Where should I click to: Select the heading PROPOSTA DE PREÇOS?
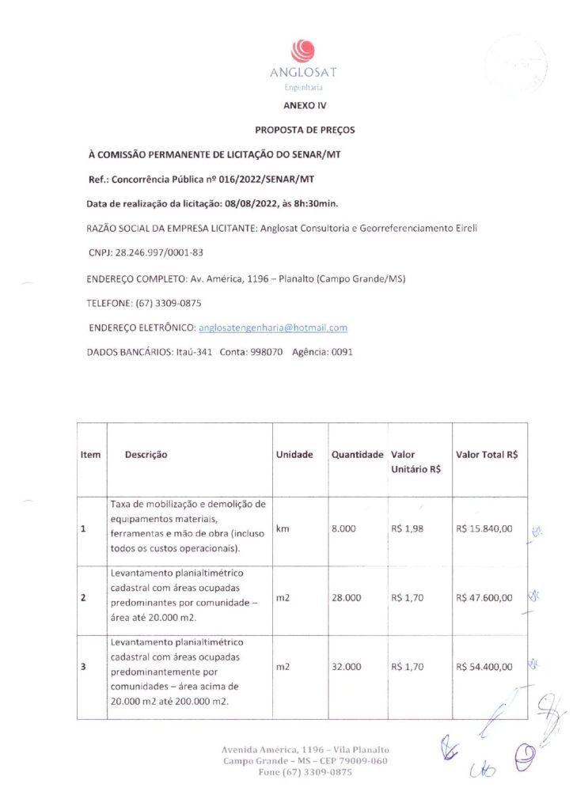(x=305, y=128)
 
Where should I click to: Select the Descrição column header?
(x=146, y=455)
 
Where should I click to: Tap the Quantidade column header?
(x=357, y=455)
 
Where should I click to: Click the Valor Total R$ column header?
(x=487, y=455)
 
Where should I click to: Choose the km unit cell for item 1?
(x=283, y=528)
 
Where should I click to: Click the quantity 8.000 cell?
(x=343, y=528)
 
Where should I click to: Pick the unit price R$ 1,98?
(x=407, y=528)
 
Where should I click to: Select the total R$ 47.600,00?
(x=484, y=598)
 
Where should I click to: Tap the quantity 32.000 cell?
(x=346, y=667)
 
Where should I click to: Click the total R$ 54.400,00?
(x=484, y=667)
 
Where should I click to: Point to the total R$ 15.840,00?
(x=484, y=528)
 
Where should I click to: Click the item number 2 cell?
(x=83, y=598)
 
